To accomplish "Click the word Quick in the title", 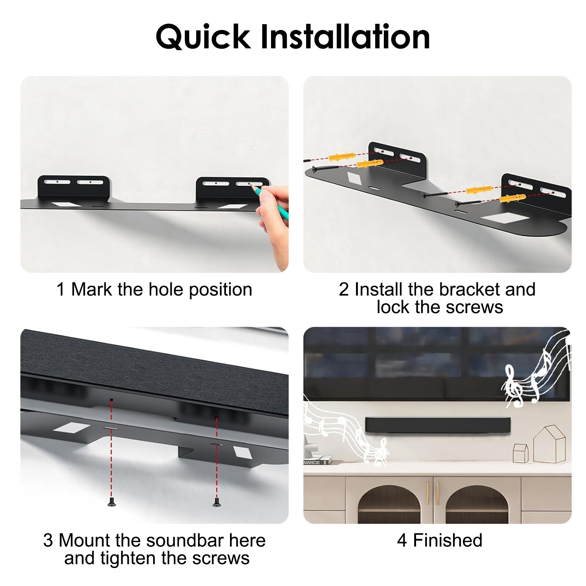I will click(x=203, y=37).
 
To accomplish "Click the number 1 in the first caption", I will click(x=61, y=289).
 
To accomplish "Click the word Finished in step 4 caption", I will click(x=448, y=540).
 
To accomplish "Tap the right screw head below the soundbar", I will click(x=216, y=504).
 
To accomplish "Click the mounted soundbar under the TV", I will click(x=438, y=425).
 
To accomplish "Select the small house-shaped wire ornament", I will click(x=520, y=453).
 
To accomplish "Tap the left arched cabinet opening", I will click(x=389, y=505).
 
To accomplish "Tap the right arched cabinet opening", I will click(x=476, y=505).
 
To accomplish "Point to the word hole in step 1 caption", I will click(x=166, y=289).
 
